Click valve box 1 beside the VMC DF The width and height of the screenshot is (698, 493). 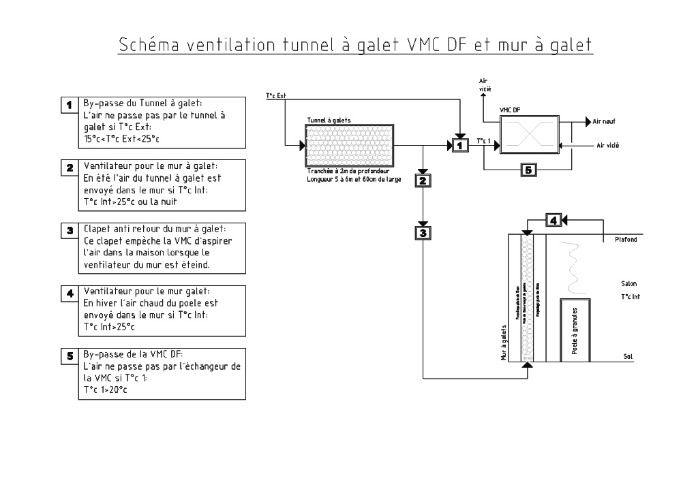pos(460,145)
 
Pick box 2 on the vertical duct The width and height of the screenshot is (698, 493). pos(423,180)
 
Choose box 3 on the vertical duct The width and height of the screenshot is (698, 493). pos(423,232)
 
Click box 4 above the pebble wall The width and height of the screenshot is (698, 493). pos(554,220)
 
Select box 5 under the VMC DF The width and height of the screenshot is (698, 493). pos(528,170)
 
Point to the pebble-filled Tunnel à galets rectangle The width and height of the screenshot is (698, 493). pos(350,146)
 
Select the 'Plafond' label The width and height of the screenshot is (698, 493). pos(626,240)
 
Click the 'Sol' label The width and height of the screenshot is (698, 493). pos(628,355)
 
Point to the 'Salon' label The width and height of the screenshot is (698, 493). pos(628,283)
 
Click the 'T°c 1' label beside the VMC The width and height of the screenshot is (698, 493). pos(483,141)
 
